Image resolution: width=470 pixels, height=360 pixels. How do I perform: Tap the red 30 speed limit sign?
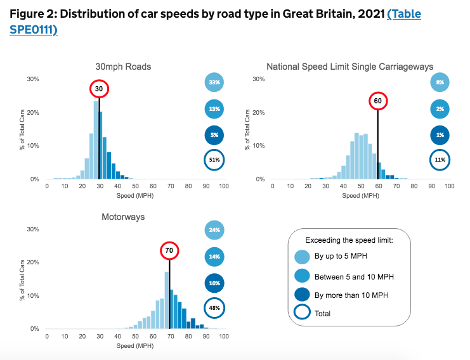[x=99, y=89]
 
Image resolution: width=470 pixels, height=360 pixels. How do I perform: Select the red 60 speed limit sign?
[x=377, y=101]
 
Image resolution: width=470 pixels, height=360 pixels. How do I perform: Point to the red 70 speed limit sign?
[x=169, y=250]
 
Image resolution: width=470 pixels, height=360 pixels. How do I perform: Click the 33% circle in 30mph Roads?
[x=214, y=82]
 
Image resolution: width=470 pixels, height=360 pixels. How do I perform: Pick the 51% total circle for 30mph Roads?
[x=214, y=160]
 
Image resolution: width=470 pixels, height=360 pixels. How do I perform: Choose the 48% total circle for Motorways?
[x=214, y=309]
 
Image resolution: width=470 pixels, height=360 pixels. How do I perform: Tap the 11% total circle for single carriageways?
[x=440, y=160]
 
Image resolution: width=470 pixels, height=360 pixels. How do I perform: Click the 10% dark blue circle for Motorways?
[x=214, y=283]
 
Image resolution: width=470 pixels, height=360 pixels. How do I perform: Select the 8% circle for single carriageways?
[x=440, y=82]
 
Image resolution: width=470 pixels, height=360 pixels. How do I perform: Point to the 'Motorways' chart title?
[x=123, y=217]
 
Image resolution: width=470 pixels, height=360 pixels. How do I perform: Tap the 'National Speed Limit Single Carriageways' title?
[x=349, y=67]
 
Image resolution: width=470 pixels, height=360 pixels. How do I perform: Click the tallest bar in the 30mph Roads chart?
[x=96, y=139]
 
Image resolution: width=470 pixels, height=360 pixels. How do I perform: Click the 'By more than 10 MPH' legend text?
[x=352, y=295]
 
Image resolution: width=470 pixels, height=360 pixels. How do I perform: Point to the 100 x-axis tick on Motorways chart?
[x=223, y=337]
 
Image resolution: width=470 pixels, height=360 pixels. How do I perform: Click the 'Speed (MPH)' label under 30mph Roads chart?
[x=135, y=195]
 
